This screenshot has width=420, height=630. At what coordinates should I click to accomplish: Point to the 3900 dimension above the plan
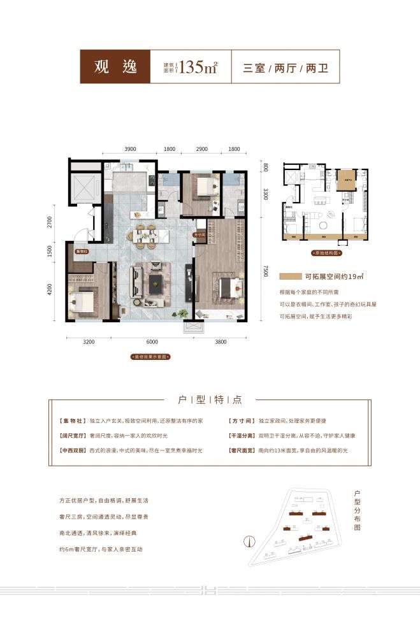click(131, 148)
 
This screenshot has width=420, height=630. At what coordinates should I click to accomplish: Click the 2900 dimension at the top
click(201, 148)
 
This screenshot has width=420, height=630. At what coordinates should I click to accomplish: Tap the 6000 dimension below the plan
click(150, 342)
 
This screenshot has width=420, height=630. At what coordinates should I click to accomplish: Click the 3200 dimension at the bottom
click(89, 342)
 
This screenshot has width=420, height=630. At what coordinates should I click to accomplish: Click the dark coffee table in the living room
click(157, 279)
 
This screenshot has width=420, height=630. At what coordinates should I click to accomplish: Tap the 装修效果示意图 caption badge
click(150, 357)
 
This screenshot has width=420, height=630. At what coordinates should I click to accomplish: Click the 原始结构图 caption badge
click(325, 253)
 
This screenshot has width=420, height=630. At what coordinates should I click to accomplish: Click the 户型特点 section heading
click(210, 400)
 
